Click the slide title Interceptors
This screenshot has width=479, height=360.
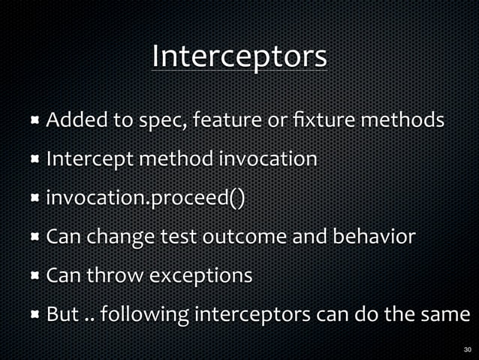click(x=239, y=56)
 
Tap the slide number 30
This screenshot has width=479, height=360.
click(x=467, y=349)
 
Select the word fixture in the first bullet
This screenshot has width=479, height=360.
click(x=351, y=120)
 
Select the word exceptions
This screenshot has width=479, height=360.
click(x=201, y=277)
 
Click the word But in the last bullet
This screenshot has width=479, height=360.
click(x=63, y=315)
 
